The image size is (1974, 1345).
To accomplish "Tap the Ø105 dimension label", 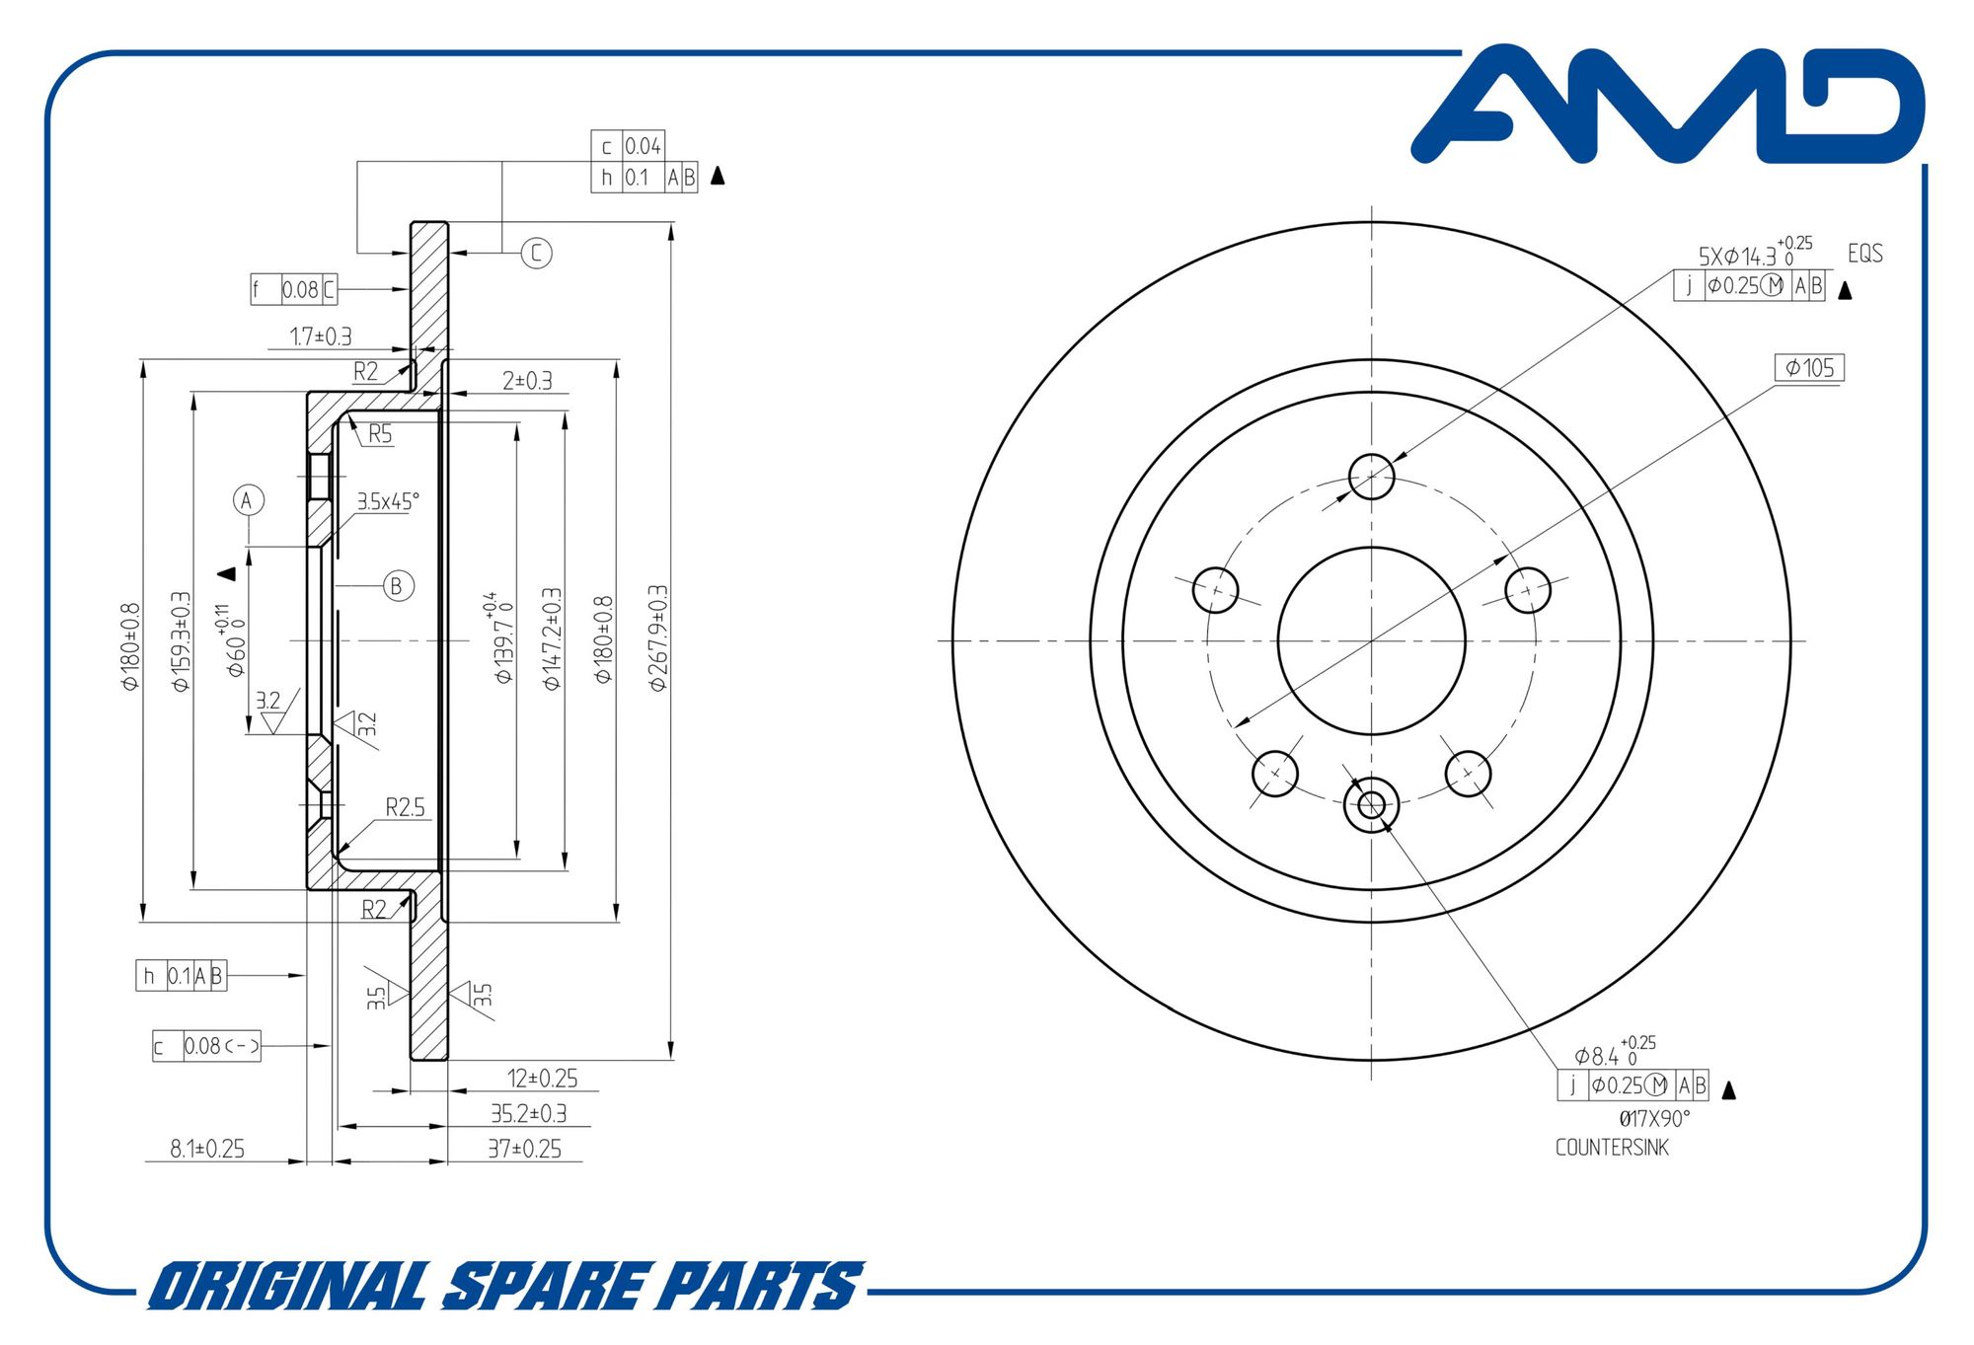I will coord(1809,368).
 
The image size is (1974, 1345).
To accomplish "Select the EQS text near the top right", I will coord(1864,254).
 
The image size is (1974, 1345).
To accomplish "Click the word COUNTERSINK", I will coord(1612,1148).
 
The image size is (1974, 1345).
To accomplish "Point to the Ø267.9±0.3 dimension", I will coord(658,637).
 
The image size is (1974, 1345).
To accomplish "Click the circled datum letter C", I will coord(536,253).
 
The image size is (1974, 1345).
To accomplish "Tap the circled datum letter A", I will coord(248,500).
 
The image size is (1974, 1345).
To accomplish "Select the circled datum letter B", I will coord(398,585).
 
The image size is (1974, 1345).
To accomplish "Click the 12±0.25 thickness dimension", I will coord(542,1078).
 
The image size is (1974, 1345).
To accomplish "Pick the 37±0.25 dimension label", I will coord(524,1149).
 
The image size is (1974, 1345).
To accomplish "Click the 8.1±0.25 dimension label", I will coord(207,1149).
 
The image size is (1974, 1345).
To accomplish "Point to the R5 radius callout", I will coord(380,434).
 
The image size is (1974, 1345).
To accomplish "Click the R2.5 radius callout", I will coord(405,807).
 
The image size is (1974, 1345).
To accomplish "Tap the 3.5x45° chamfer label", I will coord(388,501).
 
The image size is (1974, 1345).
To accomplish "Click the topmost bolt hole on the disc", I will coord(1371,478).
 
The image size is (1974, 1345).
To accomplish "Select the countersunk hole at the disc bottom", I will coord(1371,804).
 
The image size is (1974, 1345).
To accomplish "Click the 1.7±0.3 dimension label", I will coord(321,336).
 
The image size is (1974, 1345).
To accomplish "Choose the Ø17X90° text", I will coord(1654,1118).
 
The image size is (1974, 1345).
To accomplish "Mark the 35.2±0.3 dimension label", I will coord(529,1113).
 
